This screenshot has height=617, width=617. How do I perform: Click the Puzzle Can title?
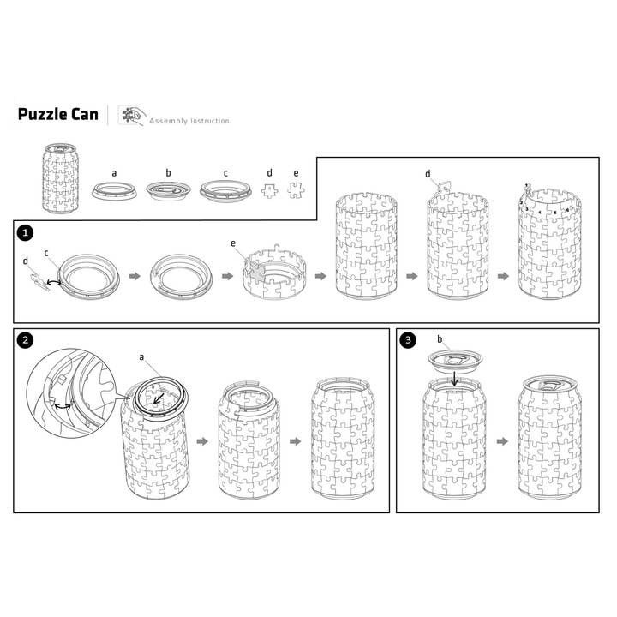tap(57, 115)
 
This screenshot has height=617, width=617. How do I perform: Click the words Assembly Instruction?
tap(189, 121)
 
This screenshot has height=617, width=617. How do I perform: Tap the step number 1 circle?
tap(26, 231)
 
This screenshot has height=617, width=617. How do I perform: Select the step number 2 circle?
tap(26, 340)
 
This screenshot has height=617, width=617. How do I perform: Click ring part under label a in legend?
tap(115, 189)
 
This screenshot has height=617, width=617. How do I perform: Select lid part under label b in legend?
tap(168, 189)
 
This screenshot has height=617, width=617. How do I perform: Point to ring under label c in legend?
tap(225, 189)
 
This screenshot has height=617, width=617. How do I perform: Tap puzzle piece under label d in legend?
tap(269, 190)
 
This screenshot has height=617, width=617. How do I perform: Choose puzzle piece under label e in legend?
tap(296, 190)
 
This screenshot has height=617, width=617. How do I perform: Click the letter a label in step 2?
tap(141, 356)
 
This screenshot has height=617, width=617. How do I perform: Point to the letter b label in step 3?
tap(439, 340)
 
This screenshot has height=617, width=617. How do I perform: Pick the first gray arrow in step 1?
tap(133, 276)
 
